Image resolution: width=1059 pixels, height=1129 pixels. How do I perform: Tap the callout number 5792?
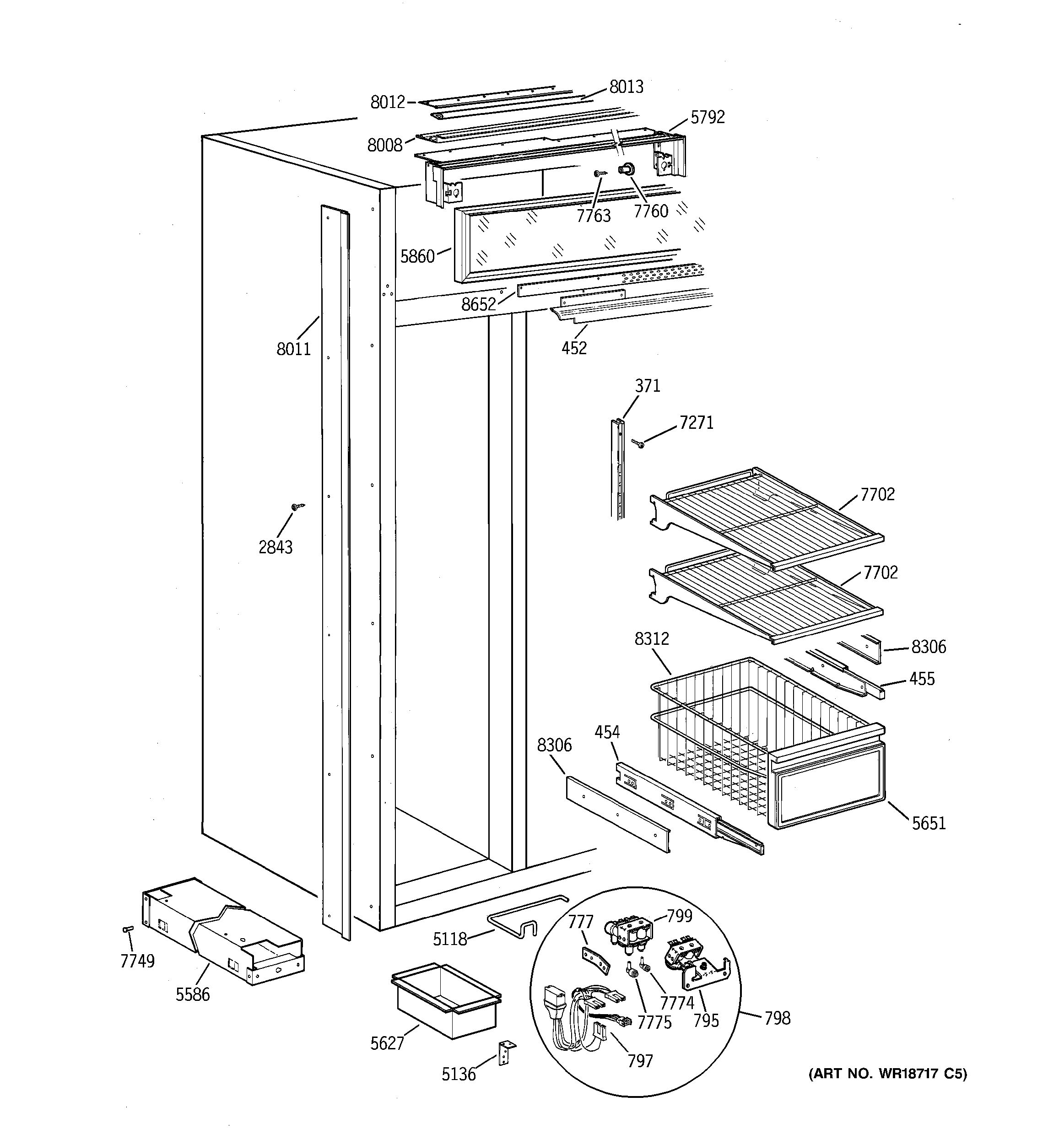[708, 117]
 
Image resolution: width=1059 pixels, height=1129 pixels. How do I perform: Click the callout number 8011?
[293, 349]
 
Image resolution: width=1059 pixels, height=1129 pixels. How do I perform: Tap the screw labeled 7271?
[638, 443]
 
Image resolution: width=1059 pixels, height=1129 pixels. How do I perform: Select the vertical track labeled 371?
[618, 469]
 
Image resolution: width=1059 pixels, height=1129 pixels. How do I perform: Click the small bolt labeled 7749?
[128, 929]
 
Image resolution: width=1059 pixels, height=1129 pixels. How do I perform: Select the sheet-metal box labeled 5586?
[222, 931]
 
